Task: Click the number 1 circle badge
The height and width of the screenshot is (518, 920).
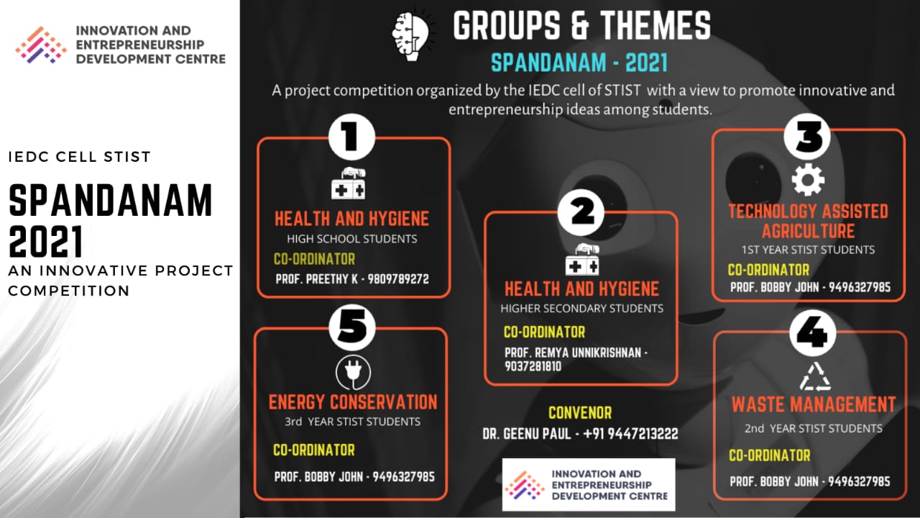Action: [351, 137]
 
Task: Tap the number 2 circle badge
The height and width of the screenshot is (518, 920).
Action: [581, 212]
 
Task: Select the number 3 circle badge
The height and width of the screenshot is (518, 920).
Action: [807, 137]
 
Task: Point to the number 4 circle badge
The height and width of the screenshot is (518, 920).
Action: [813, 333]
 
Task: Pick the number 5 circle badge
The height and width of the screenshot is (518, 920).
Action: [352, 327]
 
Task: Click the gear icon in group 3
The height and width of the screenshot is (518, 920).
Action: [808, 180]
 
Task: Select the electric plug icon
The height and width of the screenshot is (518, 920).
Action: [353, 373]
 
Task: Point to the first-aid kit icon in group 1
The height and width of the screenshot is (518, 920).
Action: [349, 183]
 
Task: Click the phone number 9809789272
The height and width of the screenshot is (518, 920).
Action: [398, 279]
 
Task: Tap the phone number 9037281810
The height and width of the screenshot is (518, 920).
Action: [533, 366]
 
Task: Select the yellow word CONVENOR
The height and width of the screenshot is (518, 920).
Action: [580, 413]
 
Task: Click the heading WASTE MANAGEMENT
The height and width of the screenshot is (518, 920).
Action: [813, 404]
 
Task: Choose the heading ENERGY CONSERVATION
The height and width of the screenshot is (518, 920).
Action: [353, 402]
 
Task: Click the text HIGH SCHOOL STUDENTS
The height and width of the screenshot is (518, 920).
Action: [352, 239]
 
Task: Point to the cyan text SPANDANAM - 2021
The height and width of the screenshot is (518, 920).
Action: [579, 63]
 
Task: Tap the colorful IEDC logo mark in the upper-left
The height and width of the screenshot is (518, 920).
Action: [41, 45]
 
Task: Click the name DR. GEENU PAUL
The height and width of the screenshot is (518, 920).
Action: [527, 434]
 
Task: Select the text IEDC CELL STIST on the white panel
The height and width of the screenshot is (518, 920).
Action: [79, 157]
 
